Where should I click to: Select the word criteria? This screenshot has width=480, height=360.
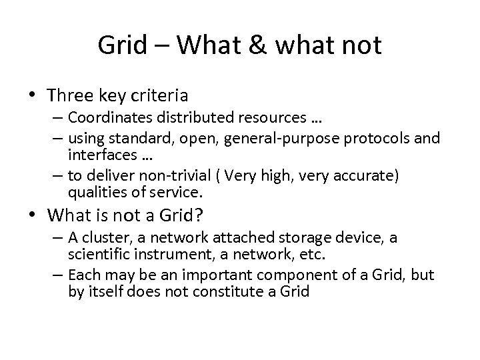(x=161, y=95)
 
